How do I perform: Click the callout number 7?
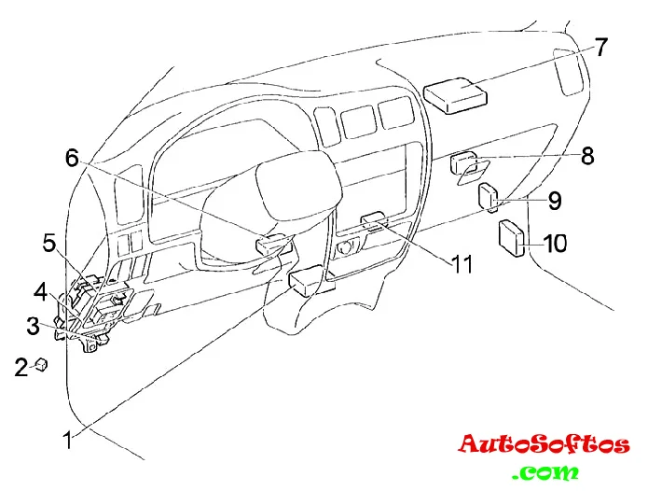click(x=601, y=48)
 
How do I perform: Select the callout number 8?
click(x=586, y=156)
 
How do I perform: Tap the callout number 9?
click(x=554, y=200)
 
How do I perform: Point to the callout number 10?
click(x=555, y=244)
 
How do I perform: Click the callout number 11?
click(x=462, y=263)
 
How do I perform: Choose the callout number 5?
click(x=49, y=244)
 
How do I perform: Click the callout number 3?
click(x=33, y=325)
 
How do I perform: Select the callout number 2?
click(x=21, y=368)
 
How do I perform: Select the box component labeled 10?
click(x=512, y=237)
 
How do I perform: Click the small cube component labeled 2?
click(x=41, y=365)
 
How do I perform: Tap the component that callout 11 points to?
click(x=375, y=220)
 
